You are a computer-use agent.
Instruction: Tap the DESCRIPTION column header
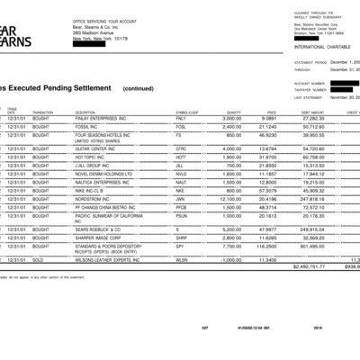tap(87, 112)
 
